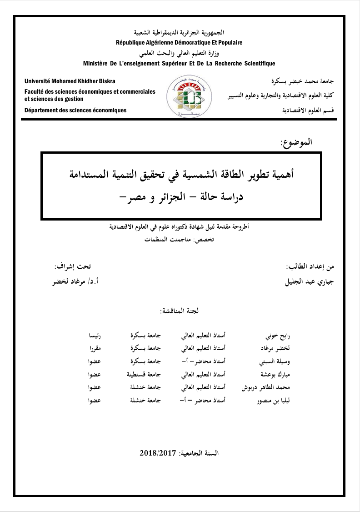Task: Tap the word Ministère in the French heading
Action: click(x=96, y=64)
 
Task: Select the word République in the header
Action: click(x=131, y=42)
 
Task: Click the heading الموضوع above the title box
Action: click(x=296, y=142)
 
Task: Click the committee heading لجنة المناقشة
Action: click(x=180, y=311)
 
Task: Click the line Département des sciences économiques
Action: click(x=75, y=110)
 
